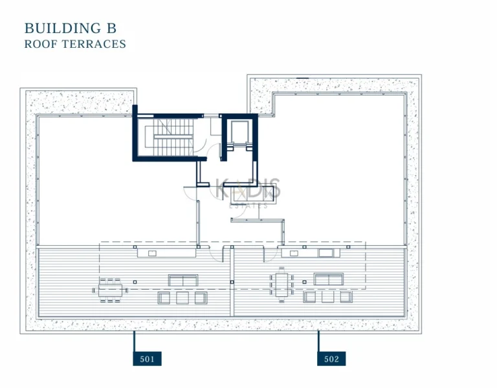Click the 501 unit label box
tap(147, 358)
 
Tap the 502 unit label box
tap(331, 358)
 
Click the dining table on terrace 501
tap(110, 290)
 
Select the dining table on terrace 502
tap(282, 284)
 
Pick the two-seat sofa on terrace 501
tap(183, 279)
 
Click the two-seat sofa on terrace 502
tap(329, 279)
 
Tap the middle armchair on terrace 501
tap(182, 297)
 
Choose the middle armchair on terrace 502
tap(328, 297)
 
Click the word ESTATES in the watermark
tap(249, 206)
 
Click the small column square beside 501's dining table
tap(135, 283)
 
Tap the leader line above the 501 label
tap(134, 341)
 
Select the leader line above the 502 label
tap(318, 341)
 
